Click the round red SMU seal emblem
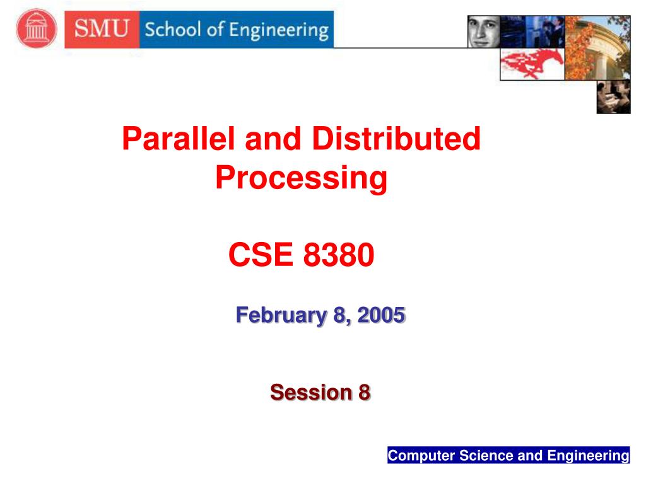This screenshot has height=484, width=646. [x=36, y=28]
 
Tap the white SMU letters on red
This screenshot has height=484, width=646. [x=102, y=29]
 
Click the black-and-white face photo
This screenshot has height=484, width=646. [x=483, y=32]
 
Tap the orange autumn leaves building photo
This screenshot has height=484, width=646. [x=597, y=47]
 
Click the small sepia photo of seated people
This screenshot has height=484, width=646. [x=613, y=98]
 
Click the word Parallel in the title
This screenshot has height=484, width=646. [x=179, y=139]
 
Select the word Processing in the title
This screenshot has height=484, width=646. [x=301, y=178]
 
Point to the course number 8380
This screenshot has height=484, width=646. [x=339, y=255]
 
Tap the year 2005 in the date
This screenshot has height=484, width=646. [x=381, y=314]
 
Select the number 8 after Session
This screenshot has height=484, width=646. [x=364, y=393]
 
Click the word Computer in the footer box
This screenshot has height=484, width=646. [x=413, y=456]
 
